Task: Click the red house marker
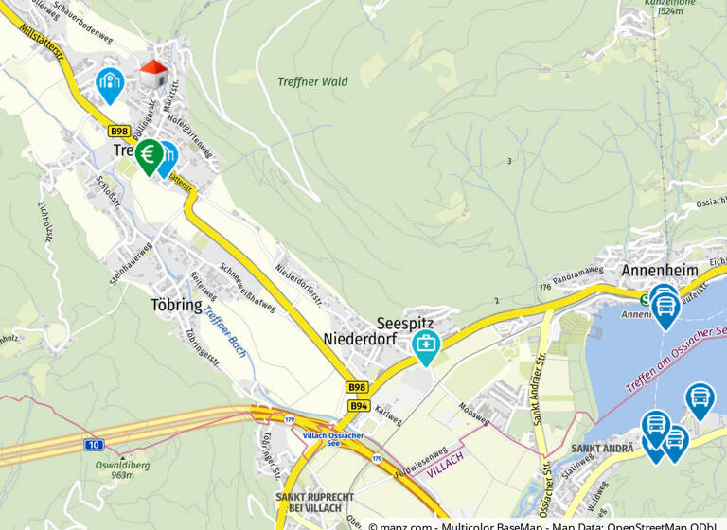coord(152,73)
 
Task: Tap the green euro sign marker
coord(149,154)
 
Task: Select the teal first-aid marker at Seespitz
coord(425,345)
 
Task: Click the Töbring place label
coord(177,306)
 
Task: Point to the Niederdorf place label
coord(358,339)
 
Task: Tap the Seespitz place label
coord(405,323)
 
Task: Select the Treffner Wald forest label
coord(312,82)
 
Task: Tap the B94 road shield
coord(358,405)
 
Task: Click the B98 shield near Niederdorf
coord(356,387)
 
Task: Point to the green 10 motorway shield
coord(93,444)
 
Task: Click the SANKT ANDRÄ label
coord(603,449)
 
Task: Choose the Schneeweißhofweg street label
coord(247,288)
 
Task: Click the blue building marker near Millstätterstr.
coord(110,82)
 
